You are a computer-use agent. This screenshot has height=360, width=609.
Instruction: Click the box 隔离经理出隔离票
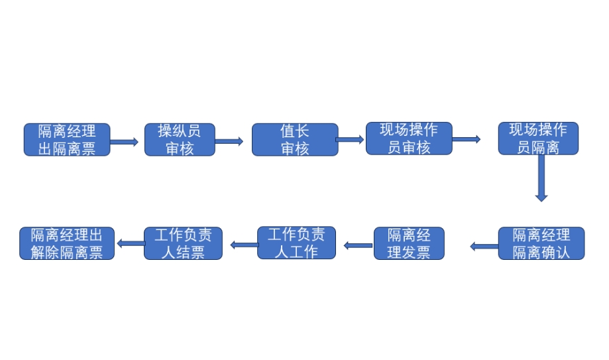click(x=66, y=139)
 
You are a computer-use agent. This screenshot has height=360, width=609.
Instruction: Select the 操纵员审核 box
click(x=180, y=139)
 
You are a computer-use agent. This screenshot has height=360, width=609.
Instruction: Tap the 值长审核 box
click(x=294, y=139)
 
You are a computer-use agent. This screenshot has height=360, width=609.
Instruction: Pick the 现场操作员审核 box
click(x=409, y=138)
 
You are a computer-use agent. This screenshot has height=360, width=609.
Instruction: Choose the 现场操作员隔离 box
click(x=538, y=138)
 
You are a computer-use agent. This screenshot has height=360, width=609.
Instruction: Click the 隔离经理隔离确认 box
click(x=541, y=243)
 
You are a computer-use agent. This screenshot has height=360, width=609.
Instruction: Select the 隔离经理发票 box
click(x=409, y=243)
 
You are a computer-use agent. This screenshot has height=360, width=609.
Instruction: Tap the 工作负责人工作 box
click(x=296, y=243)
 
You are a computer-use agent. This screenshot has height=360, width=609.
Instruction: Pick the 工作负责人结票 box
click(x=183, y=243)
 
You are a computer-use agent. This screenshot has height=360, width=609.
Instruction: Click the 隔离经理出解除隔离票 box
click(x=67, y=243)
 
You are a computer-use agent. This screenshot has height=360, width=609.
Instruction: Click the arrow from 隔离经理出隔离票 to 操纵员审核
click(x=124, y=142)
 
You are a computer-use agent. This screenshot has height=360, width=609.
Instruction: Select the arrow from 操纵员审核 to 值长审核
click(x=229, y=141)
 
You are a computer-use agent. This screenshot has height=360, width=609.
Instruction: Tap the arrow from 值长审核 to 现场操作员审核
click(x=351, y=139)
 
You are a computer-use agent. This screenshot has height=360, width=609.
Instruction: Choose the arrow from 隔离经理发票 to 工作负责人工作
click(x=358, y=245)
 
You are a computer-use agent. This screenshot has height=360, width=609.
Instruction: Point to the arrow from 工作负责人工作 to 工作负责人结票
click(x=243, y=245)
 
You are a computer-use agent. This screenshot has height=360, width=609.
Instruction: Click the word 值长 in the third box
click(x=294, y=131)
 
